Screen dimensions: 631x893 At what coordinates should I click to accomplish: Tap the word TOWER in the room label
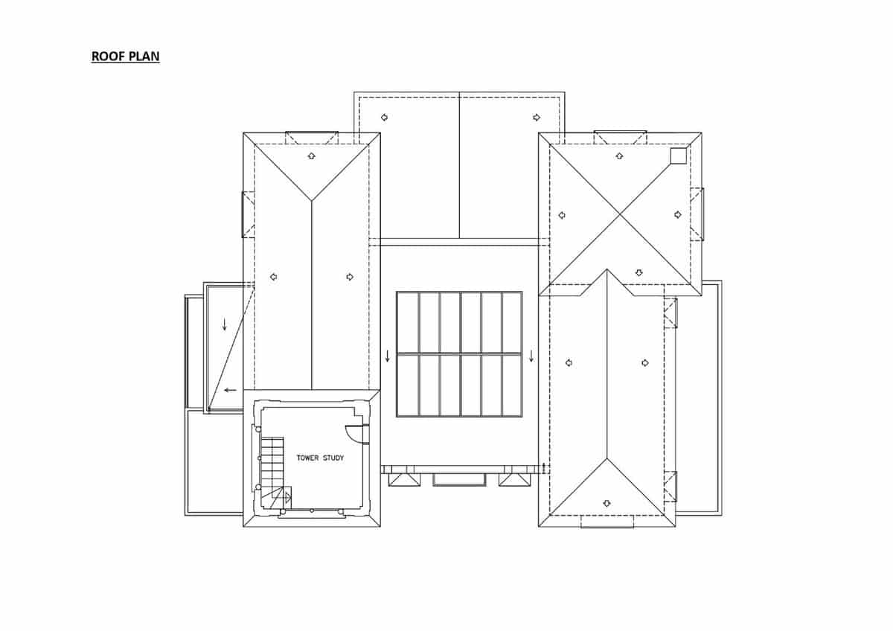pos(308,458)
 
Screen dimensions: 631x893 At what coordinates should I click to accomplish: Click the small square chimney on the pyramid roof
pos(677,155)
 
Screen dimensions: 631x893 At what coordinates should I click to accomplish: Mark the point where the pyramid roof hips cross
pos(620,214)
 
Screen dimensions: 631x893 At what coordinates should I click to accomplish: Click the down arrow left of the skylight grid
pos(387,356)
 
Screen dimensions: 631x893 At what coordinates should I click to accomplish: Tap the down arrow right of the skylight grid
pos(531,356)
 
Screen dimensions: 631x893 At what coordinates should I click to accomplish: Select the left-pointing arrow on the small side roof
pos(231,389)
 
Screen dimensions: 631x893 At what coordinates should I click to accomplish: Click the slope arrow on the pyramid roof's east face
pos(678,214)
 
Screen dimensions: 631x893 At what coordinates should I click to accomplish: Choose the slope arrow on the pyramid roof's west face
pos(562,215)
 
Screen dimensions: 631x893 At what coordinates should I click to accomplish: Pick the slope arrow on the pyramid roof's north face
pos(619,156)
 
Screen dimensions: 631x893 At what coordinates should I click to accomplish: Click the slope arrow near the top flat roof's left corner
pos(384,117)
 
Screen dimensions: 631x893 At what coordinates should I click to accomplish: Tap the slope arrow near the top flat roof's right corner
pos(536,117)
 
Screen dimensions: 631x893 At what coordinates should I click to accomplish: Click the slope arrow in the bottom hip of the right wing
pos(606,502)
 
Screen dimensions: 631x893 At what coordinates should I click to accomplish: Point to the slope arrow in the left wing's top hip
pos(312,156)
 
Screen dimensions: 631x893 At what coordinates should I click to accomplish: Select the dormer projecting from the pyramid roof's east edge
pos(697,214)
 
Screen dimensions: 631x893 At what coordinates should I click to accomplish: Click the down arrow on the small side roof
pos(225,324)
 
